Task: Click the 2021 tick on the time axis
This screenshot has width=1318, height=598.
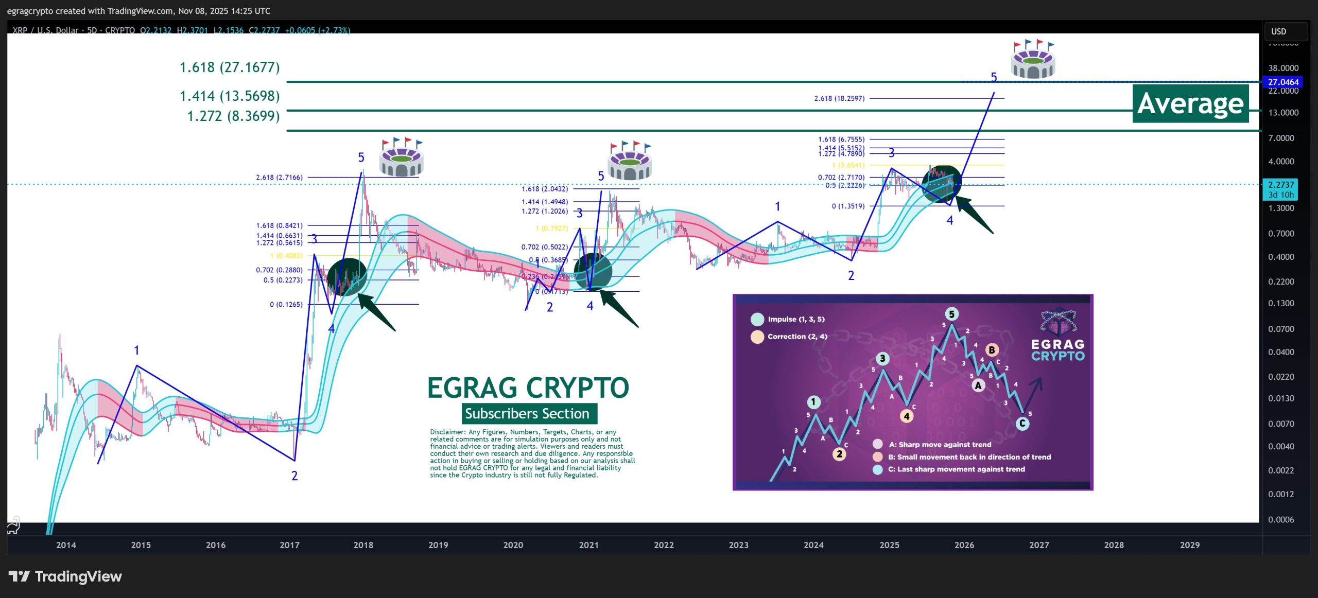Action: [588, 545]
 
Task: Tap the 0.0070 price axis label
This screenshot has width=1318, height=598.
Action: [1281, 424]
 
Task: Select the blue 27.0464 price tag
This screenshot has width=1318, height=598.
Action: [1283, 82]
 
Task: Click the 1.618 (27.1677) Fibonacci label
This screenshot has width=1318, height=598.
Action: [230, 67]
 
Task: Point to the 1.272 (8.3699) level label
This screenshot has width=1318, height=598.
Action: [233, 116]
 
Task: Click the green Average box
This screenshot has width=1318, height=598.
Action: [1190, 103]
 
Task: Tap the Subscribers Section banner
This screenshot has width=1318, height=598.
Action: [527, 413]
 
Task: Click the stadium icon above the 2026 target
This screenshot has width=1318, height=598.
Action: [1033, 59]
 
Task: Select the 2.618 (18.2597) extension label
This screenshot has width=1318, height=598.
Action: [839, 98]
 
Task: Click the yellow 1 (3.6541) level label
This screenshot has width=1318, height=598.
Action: [848, 165]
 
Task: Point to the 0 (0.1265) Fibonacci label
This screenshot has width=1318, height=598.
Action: [286, 304]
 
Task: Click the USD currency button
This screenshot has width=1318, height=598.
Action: [1286, 31]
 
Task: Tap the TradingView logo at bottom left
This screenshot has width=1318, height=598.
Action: [65, 576]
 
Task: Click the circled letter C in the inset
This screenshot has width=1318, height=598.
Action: [1022, 424]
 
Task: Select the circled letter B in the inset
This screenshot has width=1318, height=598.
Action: [992, 350]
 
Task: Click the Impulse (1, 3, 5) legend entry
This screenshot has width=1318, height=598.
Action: [795, 319]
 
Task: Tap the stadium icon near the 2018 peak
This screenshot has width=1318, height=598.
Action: [401, 157]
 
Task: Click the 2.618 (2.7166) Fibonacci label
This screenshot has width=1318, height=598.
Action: [280, 178]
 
